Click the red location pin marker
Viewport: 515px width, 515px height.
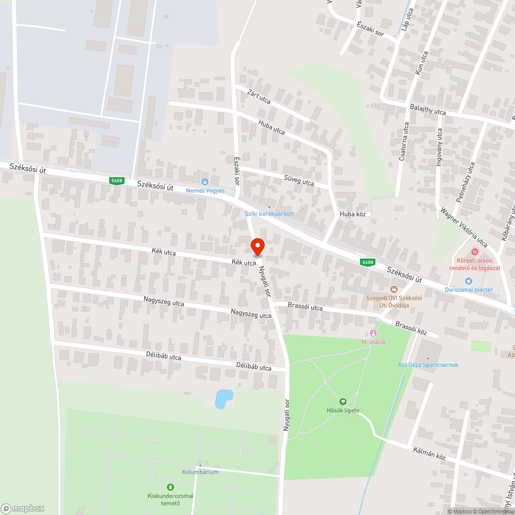point(257,246)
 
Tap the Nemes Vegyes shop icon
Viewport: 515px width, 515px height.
point(205,181)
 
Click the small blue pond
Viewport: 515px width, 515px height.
point(224,398)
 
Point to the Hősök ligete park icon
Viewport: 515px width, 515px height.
point(342,402)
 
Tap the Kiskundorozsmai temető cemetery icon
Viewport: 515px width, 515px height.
point(170,487)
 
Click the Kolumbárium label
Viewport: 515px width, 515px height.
point(200,472)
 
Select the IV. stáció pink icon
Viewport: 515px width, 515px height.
point(373,334)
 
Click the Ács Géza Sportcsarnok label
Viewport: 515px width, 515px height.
point(428,365)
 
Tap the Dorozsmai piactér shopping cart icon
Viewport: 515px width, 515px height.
point(468,281)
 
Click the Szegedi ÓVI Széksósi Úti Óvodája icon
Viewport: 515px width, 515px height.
point(394,289)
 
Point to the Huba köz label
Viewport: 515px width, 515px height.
point(352,214)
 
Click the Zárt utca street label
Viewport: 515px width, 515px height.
point(259,96)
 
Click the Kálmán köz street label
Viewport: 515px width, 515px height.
point(429,454)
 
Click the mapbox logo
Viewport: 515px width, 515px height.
point(23,508)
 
